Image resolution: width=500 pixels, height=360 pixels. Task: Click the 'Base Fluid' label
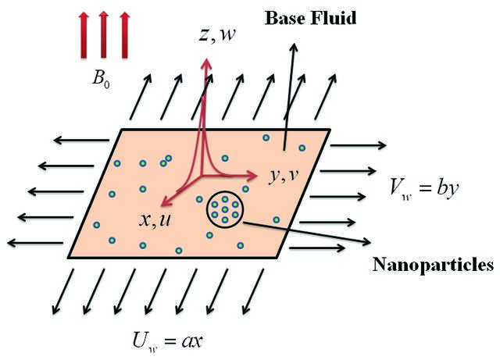(310, 18)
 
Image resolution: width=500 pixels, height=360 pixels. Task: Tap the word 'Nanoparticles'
(434, 265)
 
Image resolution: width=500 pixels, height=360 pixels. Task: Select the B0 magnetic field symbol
(101, 78)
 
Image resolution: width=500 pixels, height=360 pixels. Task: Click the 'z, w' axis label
(217, 34)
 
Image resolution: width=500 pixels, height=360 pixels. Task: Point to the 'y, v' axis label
(284, 176)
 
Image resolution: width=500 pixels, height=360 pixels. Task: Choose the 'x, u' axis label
(155, 219)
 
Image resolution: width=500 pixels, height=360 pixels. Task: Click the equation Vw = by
(424, 187)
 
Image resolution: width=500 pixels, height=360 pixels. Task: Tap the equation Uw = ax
(167, 341)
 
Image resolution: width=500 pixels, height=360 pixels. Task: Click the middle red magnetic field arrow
(103, 35)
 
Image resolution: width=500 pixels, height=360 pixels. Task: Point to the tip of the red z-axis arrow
(207, 59)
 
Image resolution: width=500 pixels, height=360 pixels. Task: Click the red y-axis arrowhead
(252, 175)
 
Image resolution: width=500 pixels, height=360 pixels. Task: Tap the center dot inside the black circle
(225, 209)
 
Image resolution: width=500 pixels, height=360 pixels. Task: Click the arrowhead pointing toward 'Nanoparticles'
(366, 241)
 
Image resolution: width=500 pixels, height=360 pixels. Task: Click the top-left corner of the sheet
(122, 130)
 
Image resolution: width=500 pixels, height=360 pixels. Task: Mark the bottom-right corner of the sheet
(278, 257)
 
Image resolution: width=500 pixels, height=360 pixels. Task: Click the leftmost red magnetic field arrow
(84, 35)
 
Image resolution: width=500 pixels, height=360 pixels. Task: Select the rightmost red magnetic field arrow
(125, 35)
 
